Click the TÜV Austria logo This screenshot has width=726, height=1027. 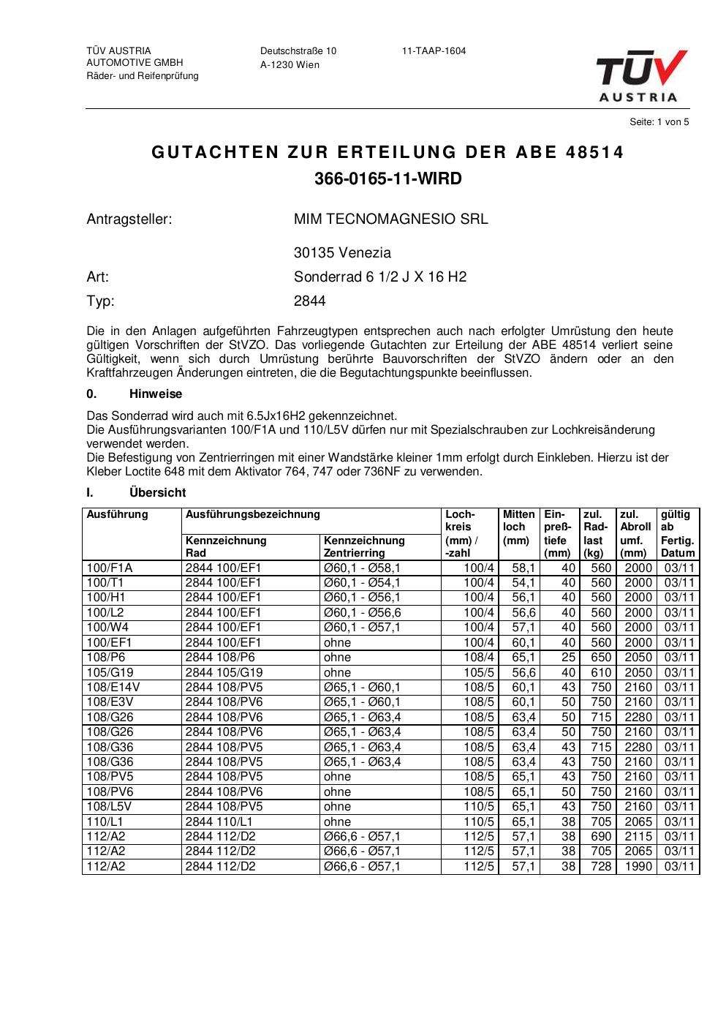click(x=642, y=75)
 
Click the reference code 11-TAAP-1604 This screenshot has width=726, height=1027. click(x=434, y=51)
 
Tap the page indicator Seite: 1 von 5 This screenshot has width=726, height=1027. click(x=659, y=122)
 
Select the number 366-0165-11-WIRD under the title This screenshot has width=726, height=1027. click(x=387, y=179)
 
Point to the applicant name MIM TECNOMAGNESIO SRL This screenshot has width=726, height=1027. click(x=390, y=219)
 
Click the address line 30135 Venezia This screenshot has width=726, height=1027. click(x=342, y=253)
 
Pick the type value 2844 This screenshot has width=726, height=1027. click(x=310, y=301)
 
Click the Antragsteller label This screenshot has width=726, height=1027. click(x=129, y=219)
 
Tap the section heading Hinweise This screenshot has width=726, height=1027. click(x=156, y=394)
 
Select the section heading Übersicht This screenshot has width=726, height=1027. click(x=157, y=493)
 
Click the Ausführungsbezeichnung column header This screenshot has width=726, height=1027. click(x=252, y=514)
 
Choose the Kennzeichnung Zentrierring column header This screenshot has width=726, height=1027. click(x=364, y=546)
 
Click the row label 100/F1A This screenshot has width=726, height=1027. click(x=110, y=568)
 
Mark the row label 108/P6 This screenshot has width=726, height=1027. click(x=106, y=658)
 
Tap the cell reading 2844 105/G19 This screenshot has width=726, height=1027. click(x=224, y=672)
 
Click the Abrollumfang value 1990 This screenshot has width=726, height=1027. click(x=638, y=867)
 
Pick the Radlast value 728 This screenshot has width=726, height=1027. click(x=600, y=867)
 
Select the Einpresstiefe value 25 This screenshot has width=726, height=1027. click(x=568, y=658)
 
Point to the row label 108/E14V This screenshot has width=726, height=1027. click(x=113, y=688)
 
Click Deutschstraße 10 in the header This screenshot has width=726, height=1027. click(x=298, y=51)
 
